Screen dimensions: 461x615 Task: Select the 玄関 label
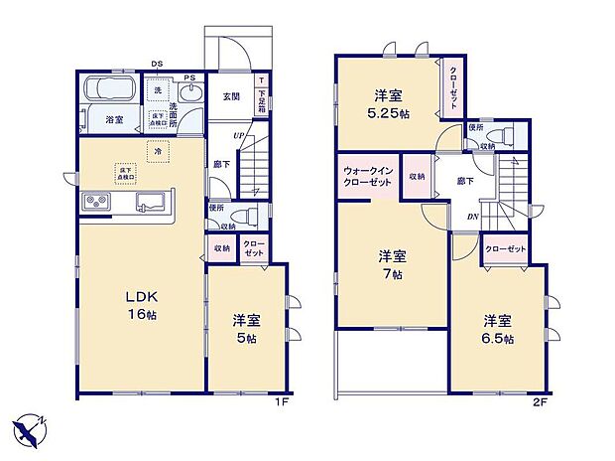click(230, 96)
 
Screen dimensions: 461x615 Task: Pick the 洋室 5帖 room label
click(246, 329)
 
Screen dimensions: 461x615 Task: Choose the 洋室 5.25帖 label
click(389, 103)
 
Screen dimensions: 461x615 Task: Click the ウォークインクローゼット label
click(368, 176)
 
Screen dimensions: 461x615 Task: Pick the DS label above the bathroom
click(156, 65)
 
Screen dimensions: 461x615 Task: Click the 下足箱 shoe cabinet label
click(262, 96)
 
